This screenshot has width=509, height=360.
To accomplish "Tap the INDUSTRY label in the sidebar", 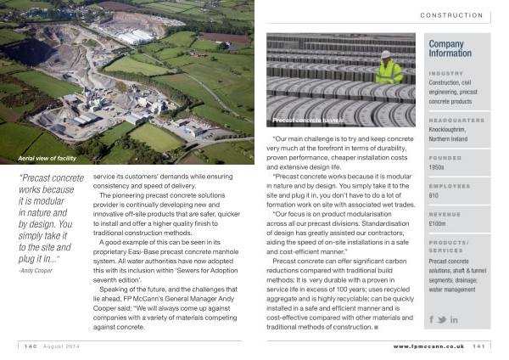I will click(x=445, y=73).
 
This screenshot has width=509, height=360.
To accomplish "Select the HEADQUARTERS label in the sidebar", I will click(x=456, y=121).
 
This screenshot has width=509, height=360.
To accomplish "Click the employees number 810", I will click(x=435, y=196).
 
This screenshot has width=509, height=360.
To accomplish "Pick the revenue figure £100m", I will click(x=439, y=224).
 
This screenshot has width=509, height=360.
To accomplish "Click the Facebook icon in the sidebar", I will click(x=432, y=319).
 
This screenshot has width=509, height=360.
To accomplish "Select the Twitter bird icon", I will click(x=442, y=319).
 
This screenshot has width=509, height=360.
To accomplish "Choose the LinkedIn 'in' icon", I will click(x=454, y=319).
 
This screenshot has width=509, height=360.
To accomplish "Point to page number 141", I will click(x=478, y=346).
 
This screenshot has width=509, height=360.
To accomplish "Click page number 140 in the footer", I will click(x=31, y=346).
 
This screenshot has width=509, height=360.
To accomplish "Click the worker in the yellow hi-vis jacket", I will click(x=389, y=69).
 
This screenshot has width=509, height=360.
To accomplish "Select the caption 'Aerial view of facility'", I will click(x=47, y=159).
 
